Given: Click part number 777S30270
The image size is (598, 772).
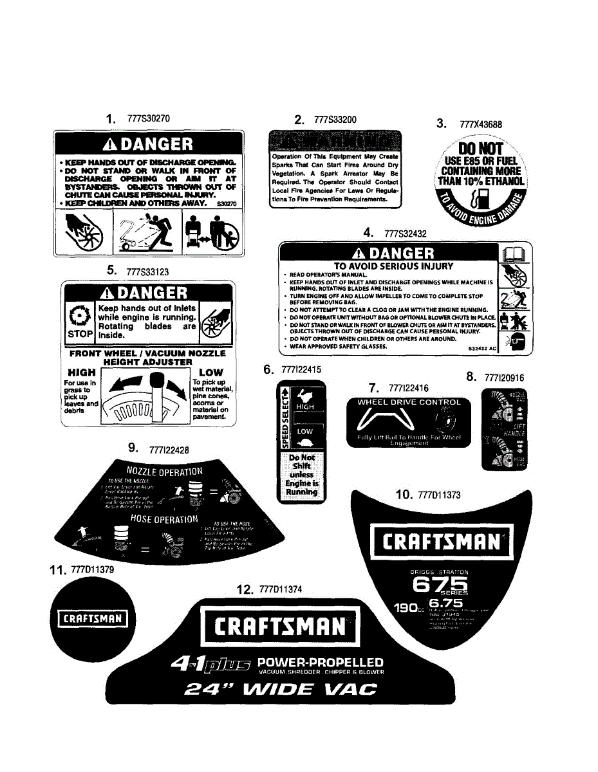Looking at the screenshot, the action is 149,119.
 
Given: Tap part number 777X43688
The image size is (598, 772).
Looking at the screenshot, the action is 481,125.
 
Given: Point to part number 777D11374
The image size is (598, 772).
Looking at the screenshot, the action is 280,590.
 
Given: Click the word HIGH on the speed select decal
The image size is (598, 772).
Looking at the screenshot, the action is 304,407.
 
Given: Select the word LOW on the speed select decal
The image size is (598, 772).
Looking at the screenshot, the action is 304,432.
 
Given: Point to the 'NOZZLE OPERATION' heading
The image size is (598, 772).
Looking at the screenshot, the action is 164,472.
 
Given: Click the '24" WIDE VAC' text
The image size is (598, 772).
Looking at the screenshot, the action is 280,690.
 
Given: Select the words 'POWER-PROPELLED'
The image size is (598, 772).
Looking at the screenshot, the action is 320,663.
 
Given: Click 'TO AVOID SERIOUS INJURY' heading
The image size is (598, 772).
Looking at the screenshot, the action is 393,266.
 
